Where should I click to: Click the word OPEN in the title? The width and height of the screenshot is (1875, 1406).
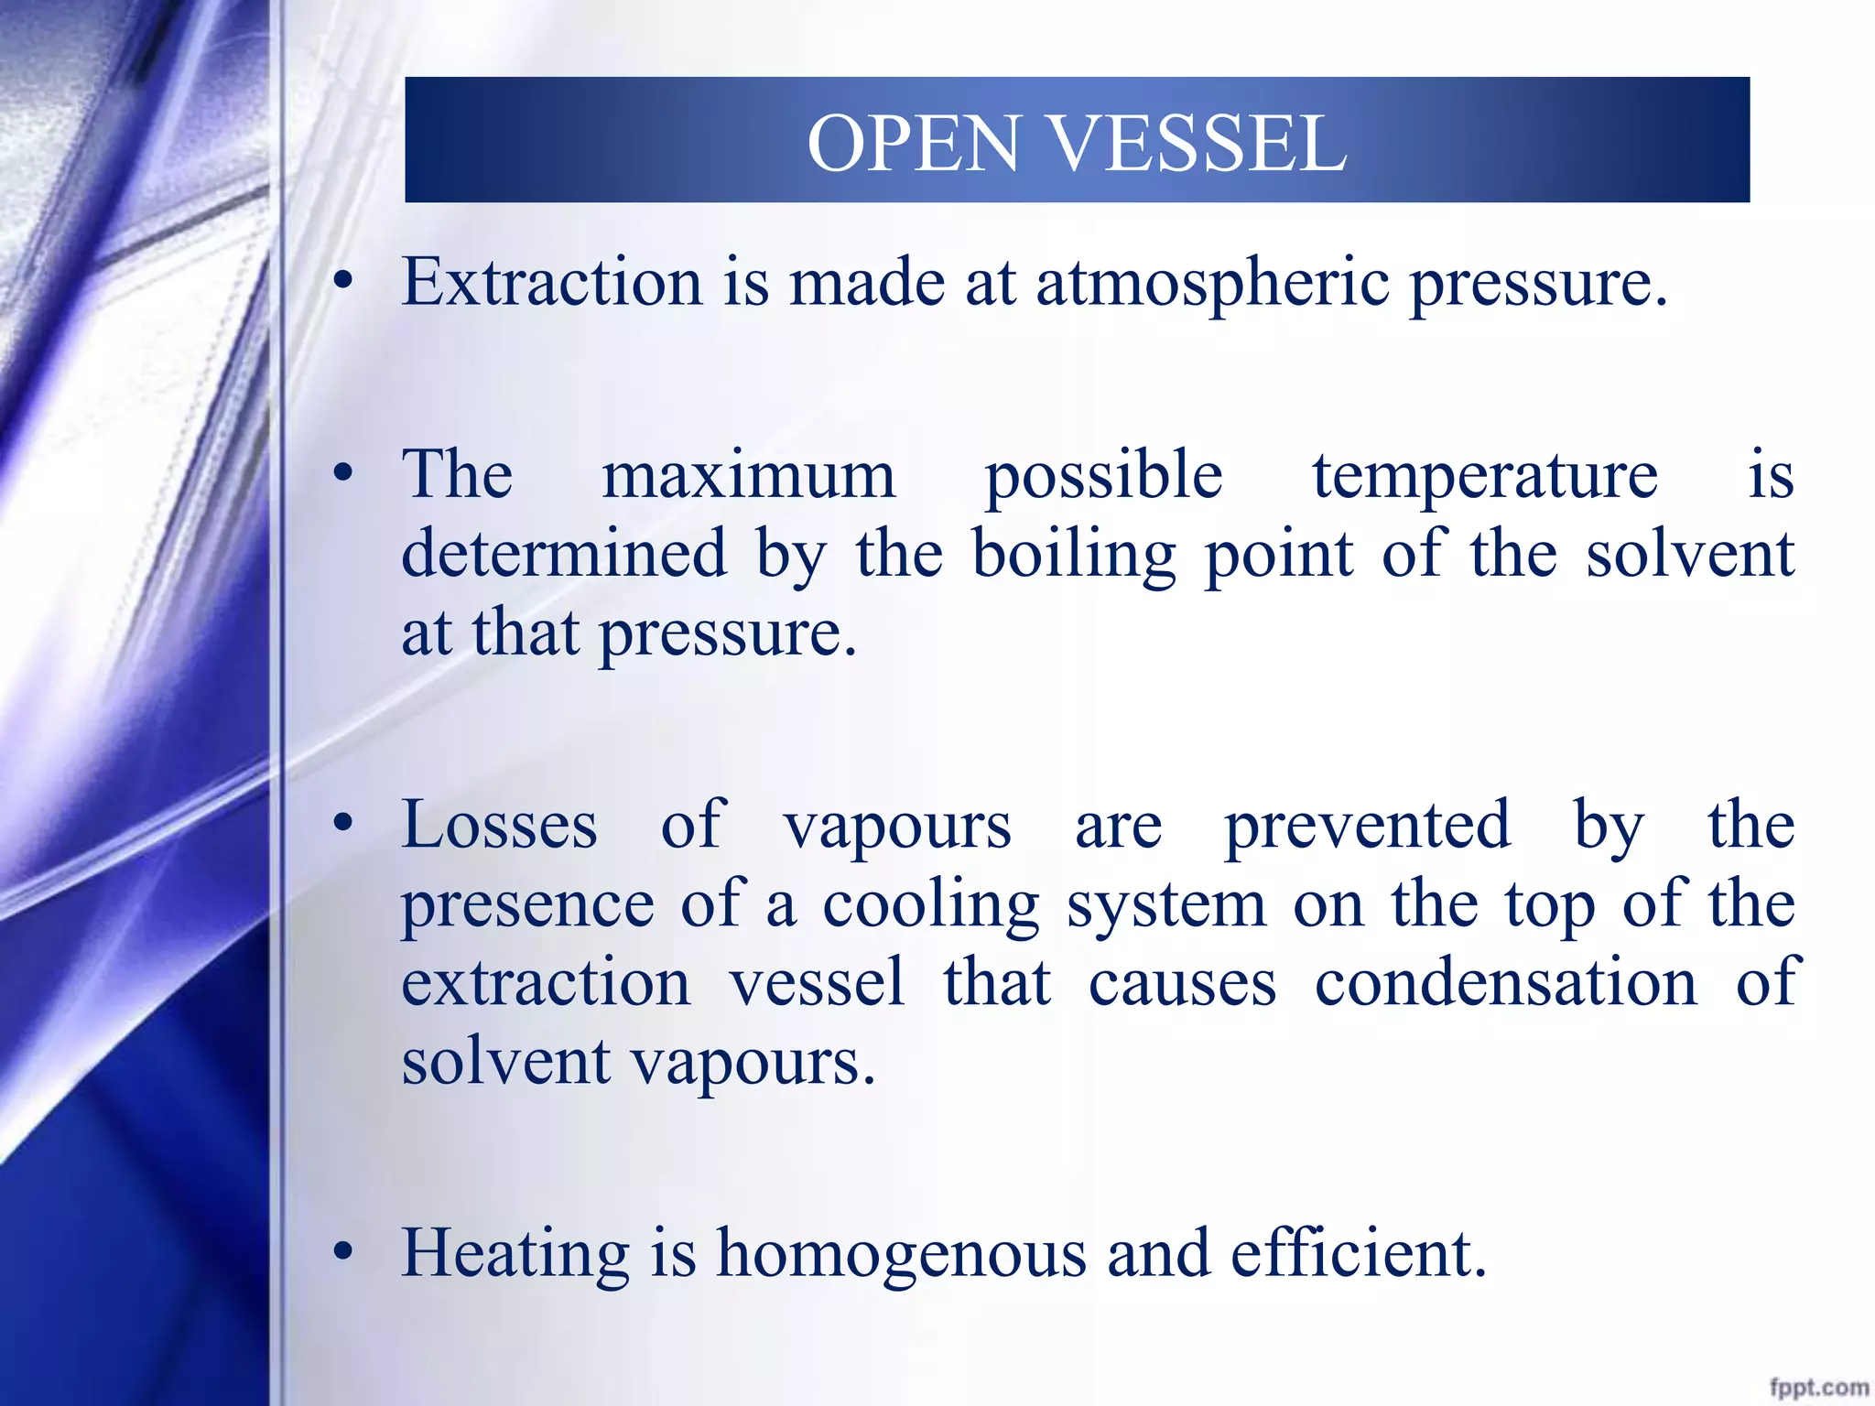pyautogui.click(x=913, y=144)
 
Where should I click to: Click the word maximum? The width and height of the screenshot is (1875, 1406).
pyautogui.click(x=748, y=476)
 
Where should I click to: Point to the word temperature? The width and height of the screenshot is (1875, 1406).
pyautogui.click(x=1485, y=478)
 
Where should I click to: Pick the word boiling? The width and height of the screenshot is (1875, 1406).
pyautogui.click(x=1074, y=556)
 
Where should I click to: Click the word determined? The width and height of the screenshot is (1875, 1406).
pyautogui.click(x=564, y=554)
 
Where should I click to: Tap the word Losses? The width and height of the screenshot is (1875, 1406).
pyautogui.click(x=500, y=826)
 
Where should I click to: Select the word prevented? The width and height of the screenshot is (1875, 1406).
pyautogui.click(x=1368, y=826)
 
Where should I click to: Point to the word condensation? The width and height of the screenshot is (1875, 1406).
pyautogui.click(x=1506, y=983)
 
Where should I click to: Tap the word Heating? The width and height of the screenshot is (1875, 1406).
pyautogui.click(x=515, y=1254)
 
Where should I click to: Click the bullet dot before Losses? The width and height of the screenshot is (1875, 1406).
pyautogui.click(x=343, y=824)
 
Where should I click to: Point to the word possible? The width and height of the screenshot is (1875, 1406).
pyautogui.click(x=1103, y=478)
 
